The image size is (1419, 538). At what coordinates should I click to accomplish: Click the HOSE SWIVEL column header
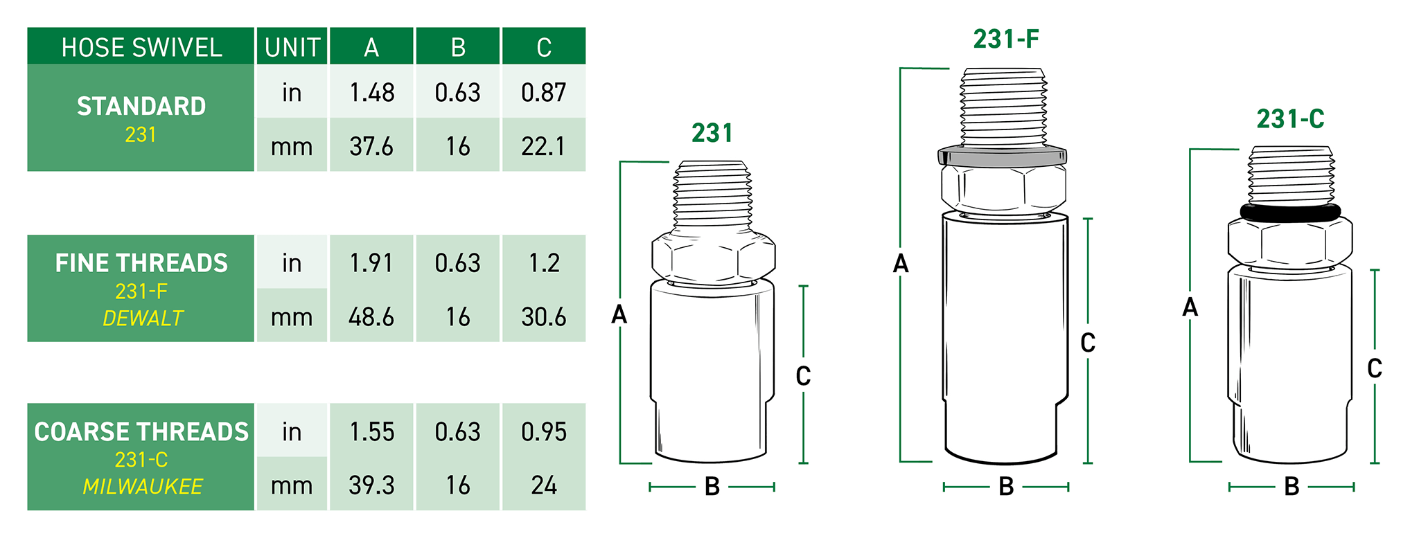(141, 48)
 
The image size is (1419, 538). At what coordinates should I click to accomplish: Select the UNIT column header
(292, 48)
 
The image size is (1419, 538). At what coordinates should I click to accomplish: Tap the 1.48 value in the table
(372, 92)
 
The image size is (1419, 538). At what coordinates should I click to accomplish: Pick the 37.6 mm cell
(371, 146)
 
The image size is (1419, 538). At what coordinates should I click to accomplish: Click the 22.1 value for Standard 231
(543, 146)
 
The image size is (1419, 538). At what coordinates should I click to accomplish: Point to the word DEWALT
(143, 318)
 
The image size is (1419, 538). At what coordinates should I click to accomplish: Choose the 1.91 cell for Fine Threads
(371, 262)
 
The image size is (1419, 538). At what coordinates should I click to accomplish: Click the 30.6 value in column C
(544, 316)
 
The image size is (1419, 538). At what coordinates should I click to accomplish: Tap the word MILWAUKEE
(143, 487)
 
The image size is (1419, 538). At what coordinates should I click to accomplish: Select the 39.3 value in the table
(371, 485)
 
